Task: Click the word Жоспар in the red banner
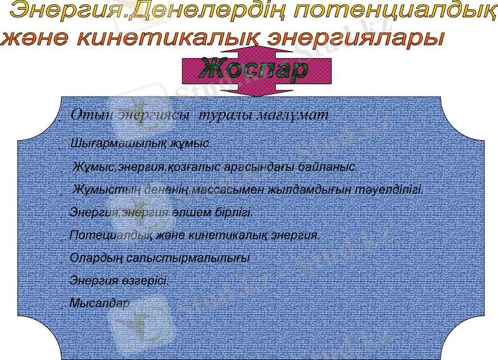pyautogui.click(x=253, y=69)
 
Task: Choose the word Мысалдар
pyautogui.click(x=100, y=303)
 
